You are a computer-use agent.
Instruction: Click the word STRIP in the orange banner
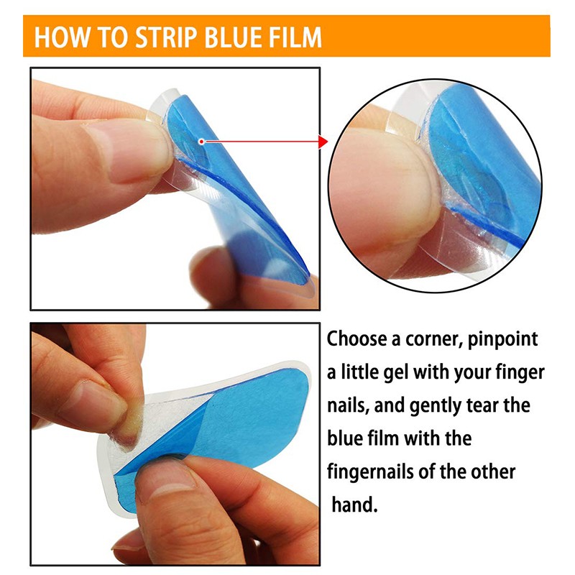tap(167, 37)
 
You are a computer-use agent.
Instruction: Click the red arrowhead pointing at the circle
tap(323, 142)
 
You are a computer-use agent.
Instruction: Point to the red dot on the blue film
tap(201, 142)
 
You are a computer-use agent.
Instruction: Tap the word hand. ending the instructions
tap(354, 505)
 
